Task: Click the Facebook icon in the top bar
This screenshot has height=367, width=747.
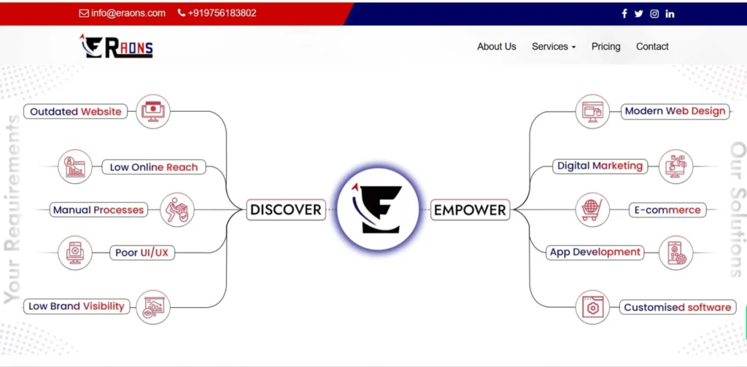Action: click(624, 14)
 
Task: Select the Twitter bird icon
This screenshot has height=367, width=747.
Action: click(639, 14)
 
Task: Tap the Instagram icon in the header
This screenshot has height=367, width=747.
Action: click(654, 14)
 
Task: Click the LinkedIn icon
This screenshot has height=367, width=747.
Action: click(670, 14)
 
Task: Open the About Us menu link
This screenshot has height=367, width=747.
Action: click(496, 47)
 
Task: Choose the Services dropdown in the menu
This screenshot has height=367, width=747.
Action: click(553, 47)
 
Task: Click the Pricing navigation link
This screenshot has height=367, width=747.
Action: click(605, 47)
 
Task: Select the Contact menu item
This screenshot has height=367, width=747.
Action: click(652, 47)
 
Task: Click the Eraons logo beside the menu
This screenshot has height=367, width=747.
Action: click(117, 47)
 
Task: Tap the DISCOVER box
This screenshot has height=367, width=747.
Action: click(285, 210)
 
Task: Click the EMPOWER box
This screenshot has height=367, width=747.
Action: click(470, 210)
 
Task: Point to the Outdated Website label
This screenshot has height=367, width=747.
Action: click(75, 112)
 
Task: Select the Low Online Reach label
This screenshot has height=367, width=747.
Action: click(153, 167)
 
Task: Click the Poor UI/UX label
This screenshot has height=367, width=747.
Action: click(142, 253)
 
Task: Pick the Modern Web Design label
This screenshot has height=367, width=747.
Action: click(675, 112)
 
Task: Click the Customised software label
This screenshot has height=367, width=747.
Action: click(677, 307)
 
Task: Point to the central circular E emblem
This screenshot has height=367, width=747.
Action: click(378, 209)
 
